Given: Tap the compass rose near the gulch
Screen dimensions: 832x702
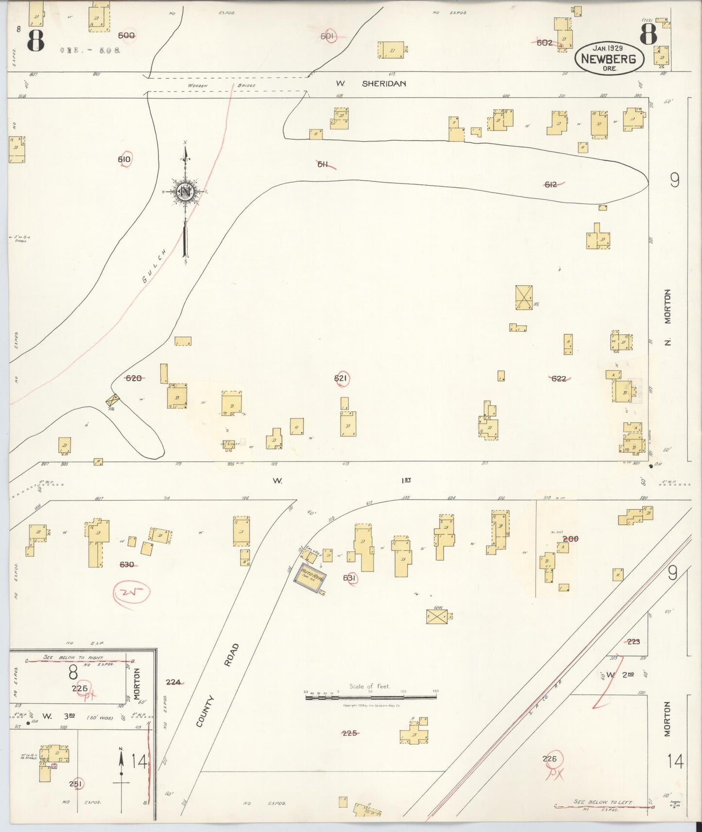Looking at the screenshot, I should click(x=185, y=192).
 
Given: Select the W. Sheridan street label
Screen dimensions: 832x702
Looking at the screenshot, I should click(x=371, y=83).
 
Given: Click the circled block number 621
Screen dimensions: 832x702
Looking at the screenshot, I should click(x=342, y=379).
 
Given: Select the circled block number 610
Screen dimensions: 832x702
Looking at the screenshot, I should click(x=124, y=159).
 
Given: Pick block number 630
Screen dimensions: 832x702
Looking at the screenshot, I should click(x=126, y=565).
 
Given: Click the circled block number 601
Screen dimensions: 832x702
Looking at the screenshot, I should click(x=328, y=36).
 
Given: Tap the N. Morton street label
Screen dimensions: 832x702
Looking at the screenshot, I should click(x=668, y=318).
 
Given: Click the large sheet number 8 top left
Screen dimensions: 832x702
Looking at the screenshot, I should click(x=35, y=38).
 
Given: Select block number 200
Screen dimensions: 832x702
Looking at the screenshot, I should click(x=570, y=538).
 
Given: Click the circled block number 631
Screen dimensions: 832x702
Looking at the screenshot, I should click(x=350, y=578).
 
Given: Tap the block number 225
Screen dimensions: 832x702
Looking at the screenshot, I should click(x=350, y=733).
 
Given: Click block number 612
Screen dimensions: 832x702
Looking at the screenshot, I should click(x=551, y=184).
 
